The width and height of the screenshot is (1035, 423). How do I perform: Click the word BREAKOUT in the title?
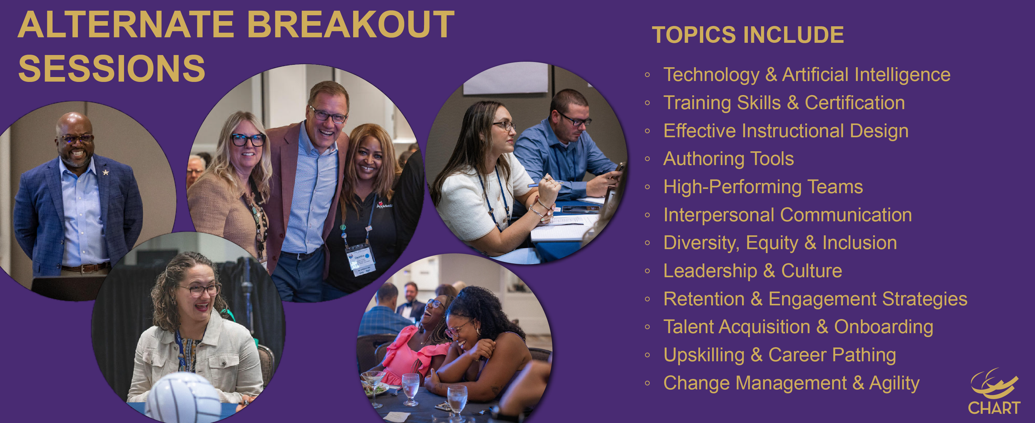pyautogui.click(x=350, y=25)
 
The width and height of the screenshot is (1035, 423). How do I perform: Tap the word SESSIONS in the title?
pyautogui.click(x=112, y=68)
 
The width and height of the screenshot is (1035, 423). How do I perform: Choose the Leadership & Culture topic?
pyautogui.click(x=752, y=270)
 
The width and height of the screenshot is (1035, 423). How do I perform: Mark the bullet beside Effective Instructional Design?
pyautogui.click(x=647, y=131)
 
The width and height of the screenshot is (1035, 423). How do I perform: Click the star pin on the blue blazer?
pyautogui.click(x=106, y=172)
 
